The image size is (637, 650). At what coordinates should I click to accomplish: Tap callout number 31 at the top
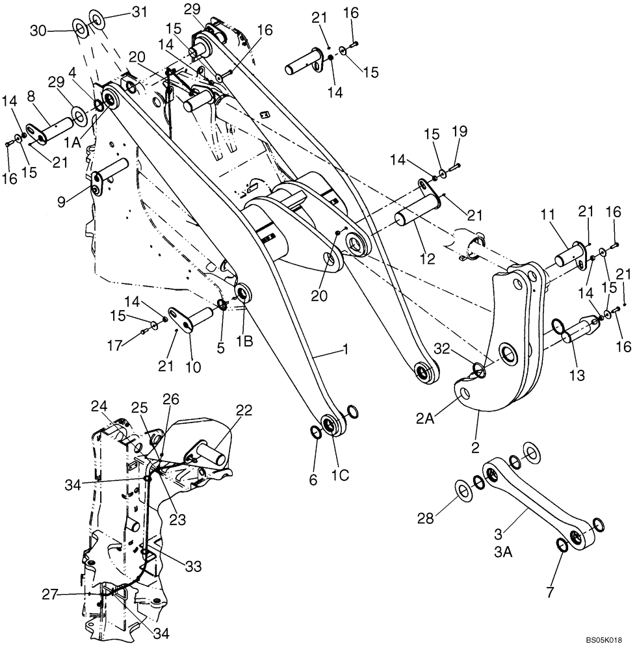point(122,11)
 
